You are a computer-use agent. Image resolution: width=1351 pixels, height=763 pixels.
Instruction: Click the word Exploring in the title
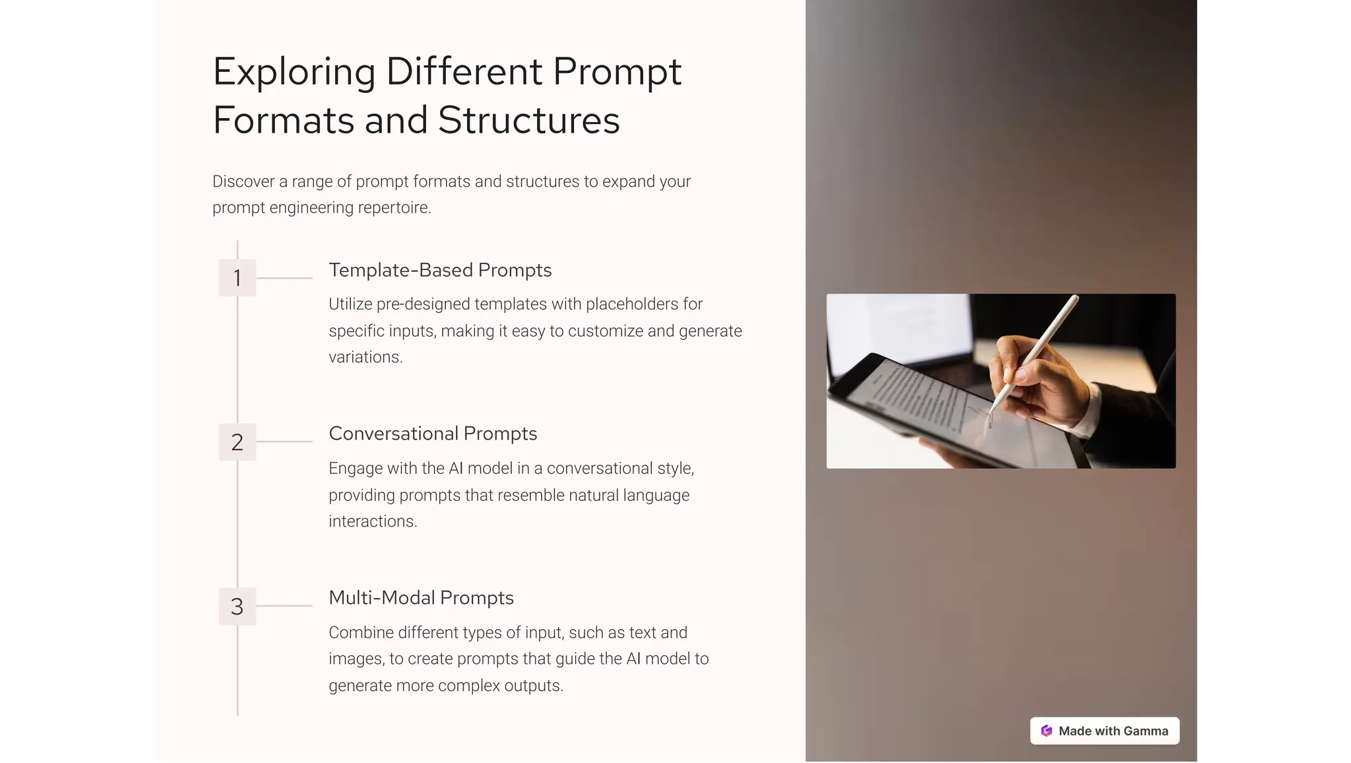(294, 72)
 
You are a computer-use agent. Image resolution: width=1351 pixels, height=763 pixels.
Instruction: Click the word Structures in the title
(528, 120)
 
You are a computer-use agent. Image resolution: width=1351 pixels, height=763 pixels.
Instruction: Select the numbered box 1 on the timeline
(237, 278)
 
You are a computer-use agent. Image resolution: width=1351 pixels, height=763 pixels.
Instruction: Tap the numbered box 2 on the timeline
(237, 442)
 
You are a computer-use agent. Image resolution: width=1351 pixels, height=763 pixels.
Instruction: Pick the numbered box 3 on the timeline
(237, 606)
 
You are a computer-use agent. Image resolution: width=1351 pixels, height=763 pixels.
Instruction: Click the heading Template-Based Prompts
(440, 270)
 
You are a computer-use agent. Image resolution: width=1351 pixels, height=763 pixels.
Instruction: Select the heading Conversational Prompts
(433, 434)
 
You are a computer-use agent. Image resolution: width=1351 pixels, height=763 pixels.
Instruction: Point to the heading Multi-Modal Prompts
(421, 598)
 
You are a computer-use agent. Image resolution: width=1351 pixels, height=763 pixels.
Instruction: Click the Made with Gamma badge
(1104, 731)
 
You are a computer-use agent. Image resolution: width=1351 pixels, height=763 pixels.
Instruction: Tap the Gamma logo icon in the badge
(1046, 731)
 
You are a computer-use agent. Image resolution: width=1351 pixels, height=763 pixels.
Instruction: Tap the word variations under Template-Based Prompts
(365, 357)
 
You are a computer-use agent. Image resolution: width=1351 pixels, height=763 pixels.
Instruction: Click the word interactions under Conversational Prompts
(373, 521)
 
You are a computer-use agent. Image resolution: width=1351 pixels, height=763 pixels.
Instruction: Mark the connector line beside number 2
(284, 442)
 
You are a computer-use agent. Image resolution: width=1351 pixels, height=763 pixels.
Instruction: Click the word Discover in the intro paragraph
(243, 182)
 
